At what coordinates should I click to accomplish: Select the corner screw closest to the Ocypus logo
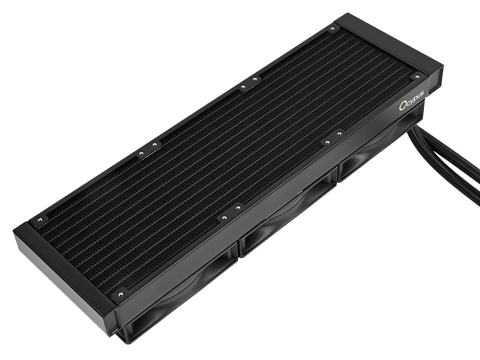pyautogui.click(x=416, y=76)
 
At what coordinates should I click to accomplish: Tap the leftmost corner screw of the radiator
pyautogui.click(x=39, y=219)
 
